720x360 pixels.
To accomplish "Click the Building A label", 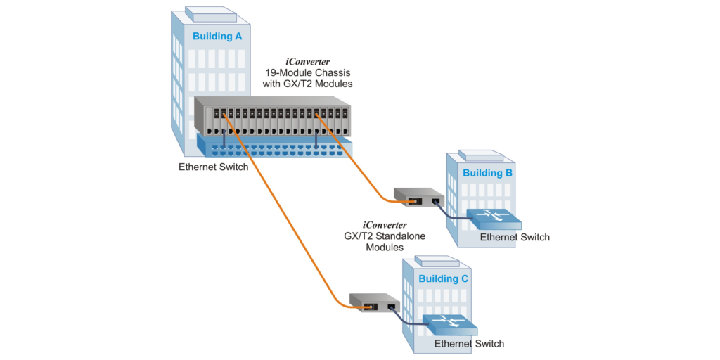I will [217, 36].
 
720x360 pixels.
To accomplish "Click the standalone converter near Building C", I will [374, 302].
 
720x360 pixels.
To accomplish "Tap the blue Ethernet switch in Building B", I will [495, 219].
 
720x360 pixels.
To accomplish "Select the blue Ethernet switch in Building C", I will [450, 325].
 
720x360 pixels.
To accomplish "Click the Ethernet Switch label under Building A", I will [213, 167].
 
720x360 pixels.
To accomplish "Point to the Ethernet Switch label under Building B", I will [515, 237].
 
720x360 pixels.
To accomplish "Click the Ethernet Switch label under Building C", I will [469, 344].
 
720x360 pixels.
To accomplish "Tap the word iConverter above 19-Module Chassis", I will [309, 61].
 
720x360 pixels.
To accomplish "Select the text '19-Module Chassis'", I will [309, 72].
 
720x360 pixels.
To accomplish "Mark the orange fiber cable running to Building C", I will [281, 211].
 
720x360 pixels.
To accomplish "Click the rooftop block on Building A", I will [211, 14].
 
